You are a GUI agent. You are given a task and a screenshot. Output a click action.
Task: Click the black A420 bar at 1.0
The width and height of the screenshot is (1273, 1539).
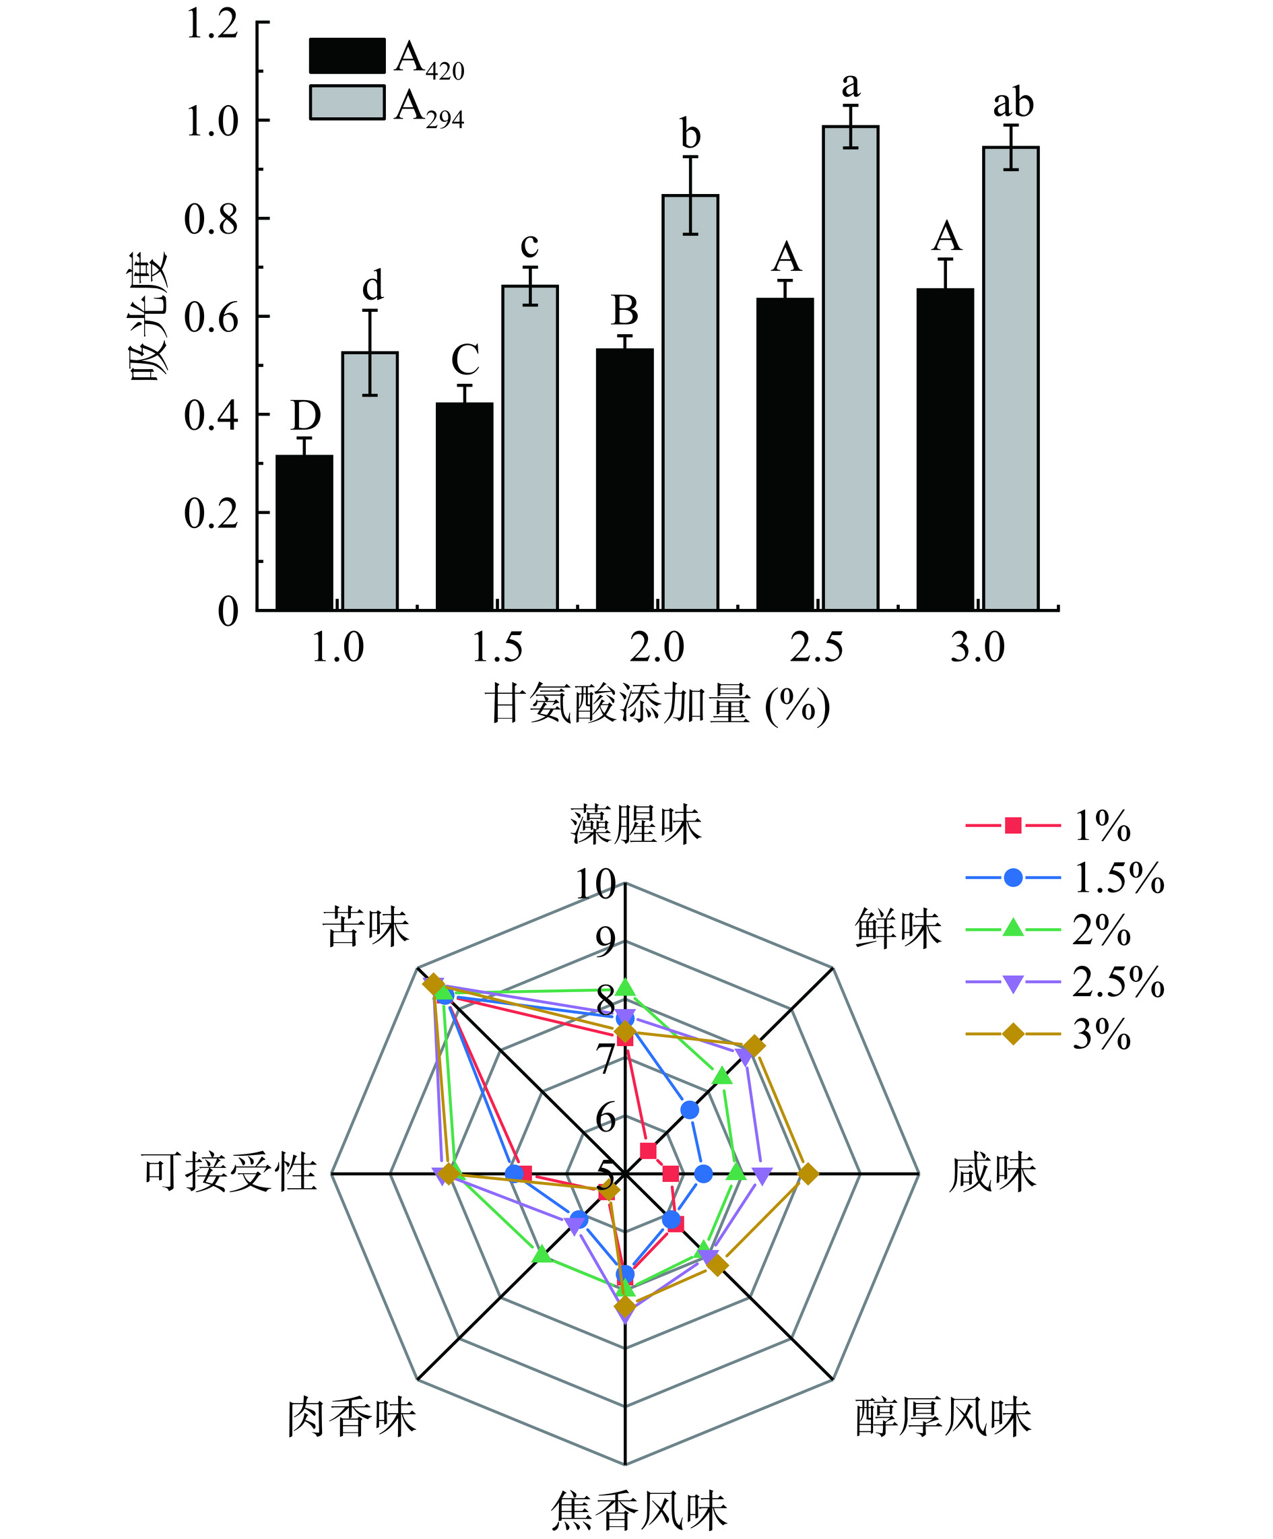coord(304,533)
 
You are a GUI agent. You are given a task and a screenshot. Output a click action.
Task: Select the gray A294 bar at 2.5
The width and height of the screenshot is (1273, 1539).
coord(850,368)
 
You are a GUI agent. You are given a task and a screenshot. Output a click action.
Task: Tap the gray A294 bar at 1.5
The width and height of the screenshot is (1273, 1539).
coord(530,447)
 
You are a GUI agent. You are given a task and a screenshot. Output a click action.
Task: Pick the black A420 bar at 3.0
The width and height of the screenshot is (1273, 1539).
coord(946,449)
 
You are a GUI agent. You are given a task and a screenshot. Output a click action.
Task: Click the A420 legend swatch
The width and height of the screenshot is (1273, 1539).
coord(347,56)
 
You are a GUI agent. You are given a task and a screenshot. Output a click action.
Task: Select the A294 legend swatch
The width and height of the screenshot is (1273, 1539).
coord(347,102)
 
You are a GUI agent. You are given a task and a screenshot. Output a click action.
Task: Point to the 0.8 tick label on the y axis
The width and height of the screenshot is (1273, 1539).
coord(211,219)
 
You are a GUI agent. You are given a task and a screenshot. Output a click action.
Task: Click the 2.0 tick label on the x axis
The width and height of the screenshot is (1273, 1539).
coord(657,648)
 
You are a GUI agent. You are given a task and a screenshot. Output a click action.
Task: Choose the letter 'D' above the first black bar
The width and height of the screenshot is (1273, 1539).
coord(306,416)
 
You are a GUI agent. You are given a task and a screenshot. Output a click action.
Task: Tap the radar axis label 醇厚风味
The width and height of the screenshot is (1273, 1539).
coord(943,1416)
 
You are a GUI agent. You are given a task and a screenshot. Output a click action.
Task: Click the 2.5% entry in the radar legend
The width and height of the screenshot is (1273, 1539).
coord(1117,983)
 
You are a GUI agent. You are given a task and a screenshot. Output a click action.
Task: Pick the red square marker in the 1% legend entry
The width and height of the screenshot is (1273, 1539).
coord(1013,826)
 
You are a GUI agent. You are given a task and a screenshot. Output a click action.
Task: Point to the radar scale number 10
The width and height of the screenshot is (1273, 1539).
coord(595,884)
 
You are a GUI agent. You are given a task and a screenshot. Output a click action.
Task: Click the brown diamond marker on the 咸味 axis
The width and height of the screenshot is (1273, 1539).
coord(808,1173)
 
